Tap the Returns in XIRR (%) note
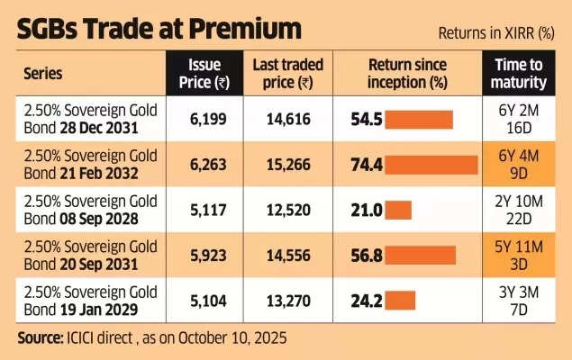pyautogui.click(x=495, y=33)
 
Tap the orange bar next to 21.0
pyautogui.click(x=398, y=210)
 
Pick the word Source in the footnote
pyautogui.click(x=41, y=338)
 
